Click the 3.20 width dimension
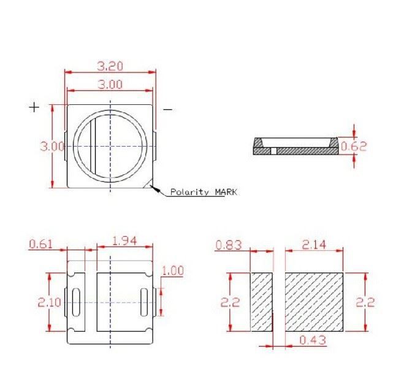110,66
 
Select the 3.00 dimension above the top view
110,85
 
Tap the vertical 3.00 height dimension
52,146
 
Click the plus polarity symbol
34,107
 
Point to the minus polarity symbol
167,110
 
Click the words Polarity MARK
204,192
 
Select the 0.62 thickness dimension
354,147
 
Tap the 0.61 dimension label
41,244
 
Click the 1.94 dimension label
124,241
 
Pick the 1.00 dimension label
173,271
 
